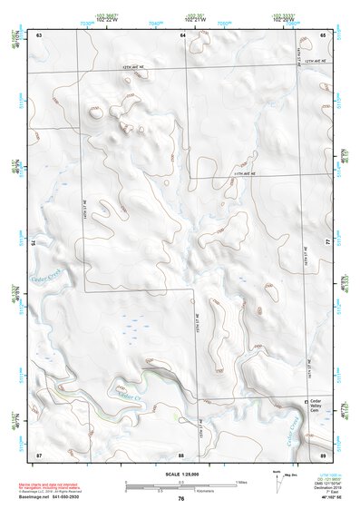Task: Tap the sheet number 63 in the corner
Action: tap(38, 35)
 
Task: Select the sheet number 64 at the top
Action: tap(182, 35)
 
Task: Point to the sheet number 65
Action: tap(323, 35)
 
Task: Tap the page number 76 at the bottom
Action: tap(181, 498)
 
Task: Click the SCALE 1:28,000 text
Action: tap(180, 475)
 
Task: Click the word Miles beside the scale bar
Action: tap(241, 481)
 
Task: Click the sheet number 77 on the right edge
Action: tap(328, 243)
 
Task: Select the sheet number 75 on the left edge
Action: tap(34, 243)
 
